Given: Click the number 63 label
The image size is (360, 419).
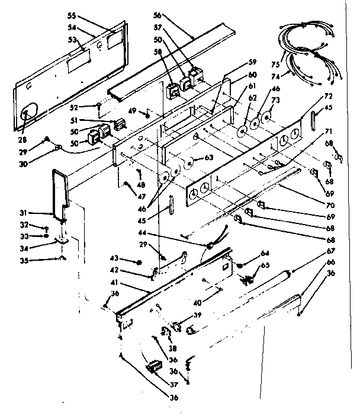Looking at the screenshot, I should [x=208, y=158].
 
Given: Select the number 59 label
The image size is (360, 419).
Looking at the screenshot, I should [x=252, y=62].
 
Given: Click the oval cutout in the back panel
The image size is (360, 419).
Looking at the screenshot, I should [x=27, y=113].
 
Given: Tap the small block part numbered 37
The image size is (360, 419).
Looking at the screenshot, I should [x=155, y=366].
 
